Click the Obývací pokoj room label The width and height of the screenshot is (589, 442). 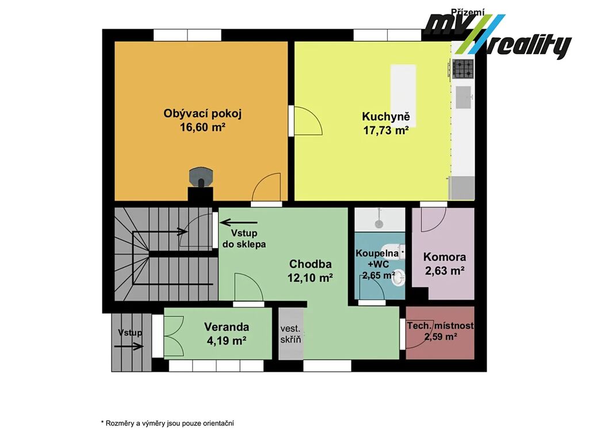pyautogui.click(x=202, y=113)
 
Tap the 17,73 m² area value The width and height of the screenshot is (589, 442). pyautogui.click(x=386, y=131)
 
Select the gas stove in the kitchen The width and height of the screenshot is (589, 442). pyautogui.click(x=462, y=69)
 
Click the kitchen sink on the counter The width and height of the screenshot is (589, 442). pyautogui.click(x=464, y=97)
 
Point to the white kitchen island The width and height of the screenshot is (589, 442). pyautogui.click(x=403, y=90)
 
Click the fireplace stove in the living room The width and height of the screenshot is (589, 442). pyautogui.click(x=201, y=177)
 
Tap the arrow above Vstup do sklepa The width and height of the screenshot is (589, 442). pyautogui.click(x=239, y=223)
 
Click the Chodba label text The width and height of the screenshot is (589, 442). pyautogui.click(x=310, y=264)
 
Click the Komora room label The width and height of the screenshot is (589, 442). pyautogui.click(x=445, y=257)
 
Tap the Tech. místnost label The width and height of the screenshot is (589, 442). pyautogui.click(x=440, y=326)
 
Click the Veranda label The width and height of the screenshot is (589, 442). pyautogui.click(x=227, y=327)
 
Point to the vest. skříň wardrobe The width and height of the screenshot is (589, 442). pyautogui.click(x=291, y=334)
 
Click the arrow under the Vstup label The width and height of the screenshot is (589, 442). pyautogui.click(x=129, y=346)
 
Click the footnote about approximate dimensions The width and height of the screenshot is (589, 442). pyautogui.click(x=167, y=423)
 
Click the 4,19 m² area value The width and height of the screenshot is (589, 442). pyautogui.click(x=227, y=341)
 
